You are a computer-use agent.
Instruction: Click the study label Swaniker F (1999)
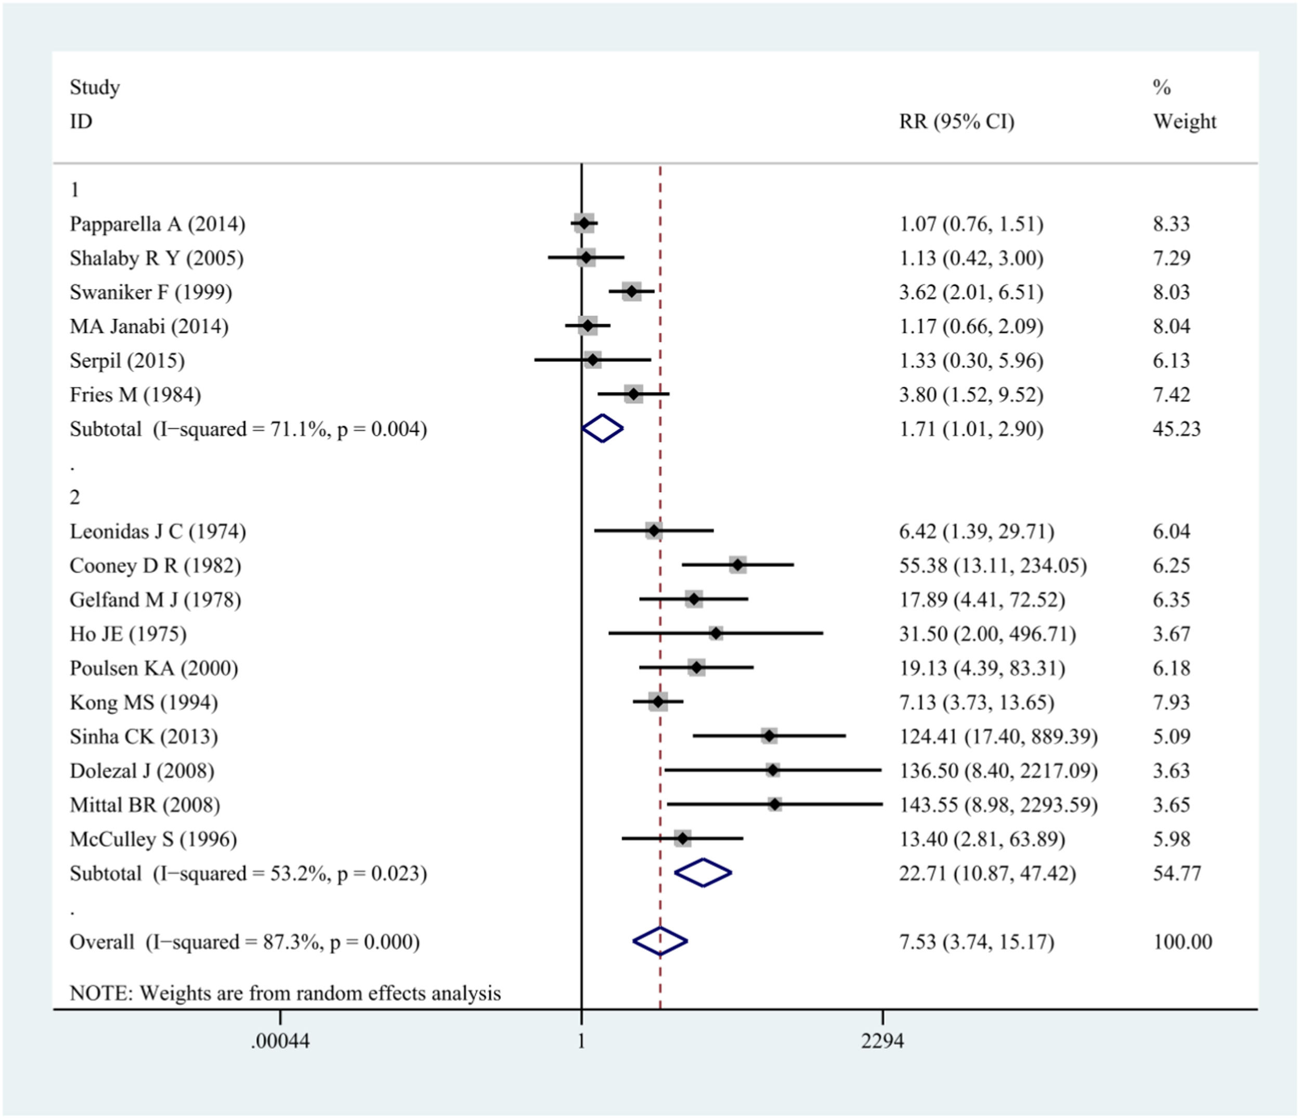[151, 292]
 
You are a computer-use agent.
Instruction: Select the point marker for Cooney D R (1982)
[738, 565]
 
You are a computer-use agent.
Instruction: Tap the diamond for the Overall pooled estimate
[660, 941]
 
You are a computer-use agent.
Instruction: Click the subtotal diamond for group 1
[602, 429]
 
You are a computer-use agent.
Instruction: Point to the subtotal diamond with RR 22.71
[703, 873]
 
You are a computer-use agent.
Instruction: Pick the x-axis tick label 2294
[882, 1041]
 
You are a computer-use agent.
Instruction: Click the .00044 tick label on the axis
[280, 1041]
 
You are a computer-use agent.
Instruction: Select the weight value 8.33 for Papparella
[1171, 224]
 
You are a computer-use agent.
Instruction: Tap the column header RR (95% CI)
[956, 121]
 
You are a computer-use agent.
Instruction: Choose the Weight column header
[1184, 121]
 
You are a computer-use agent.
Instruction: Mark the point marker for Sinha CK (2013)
[769, 736]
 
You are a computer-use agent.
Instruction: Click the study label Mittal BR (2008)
[145, 805]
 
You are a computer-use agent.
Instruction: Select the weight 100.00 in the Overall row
[1182, 941]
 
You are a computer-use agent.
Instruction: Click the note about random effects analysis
[285, 993]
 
